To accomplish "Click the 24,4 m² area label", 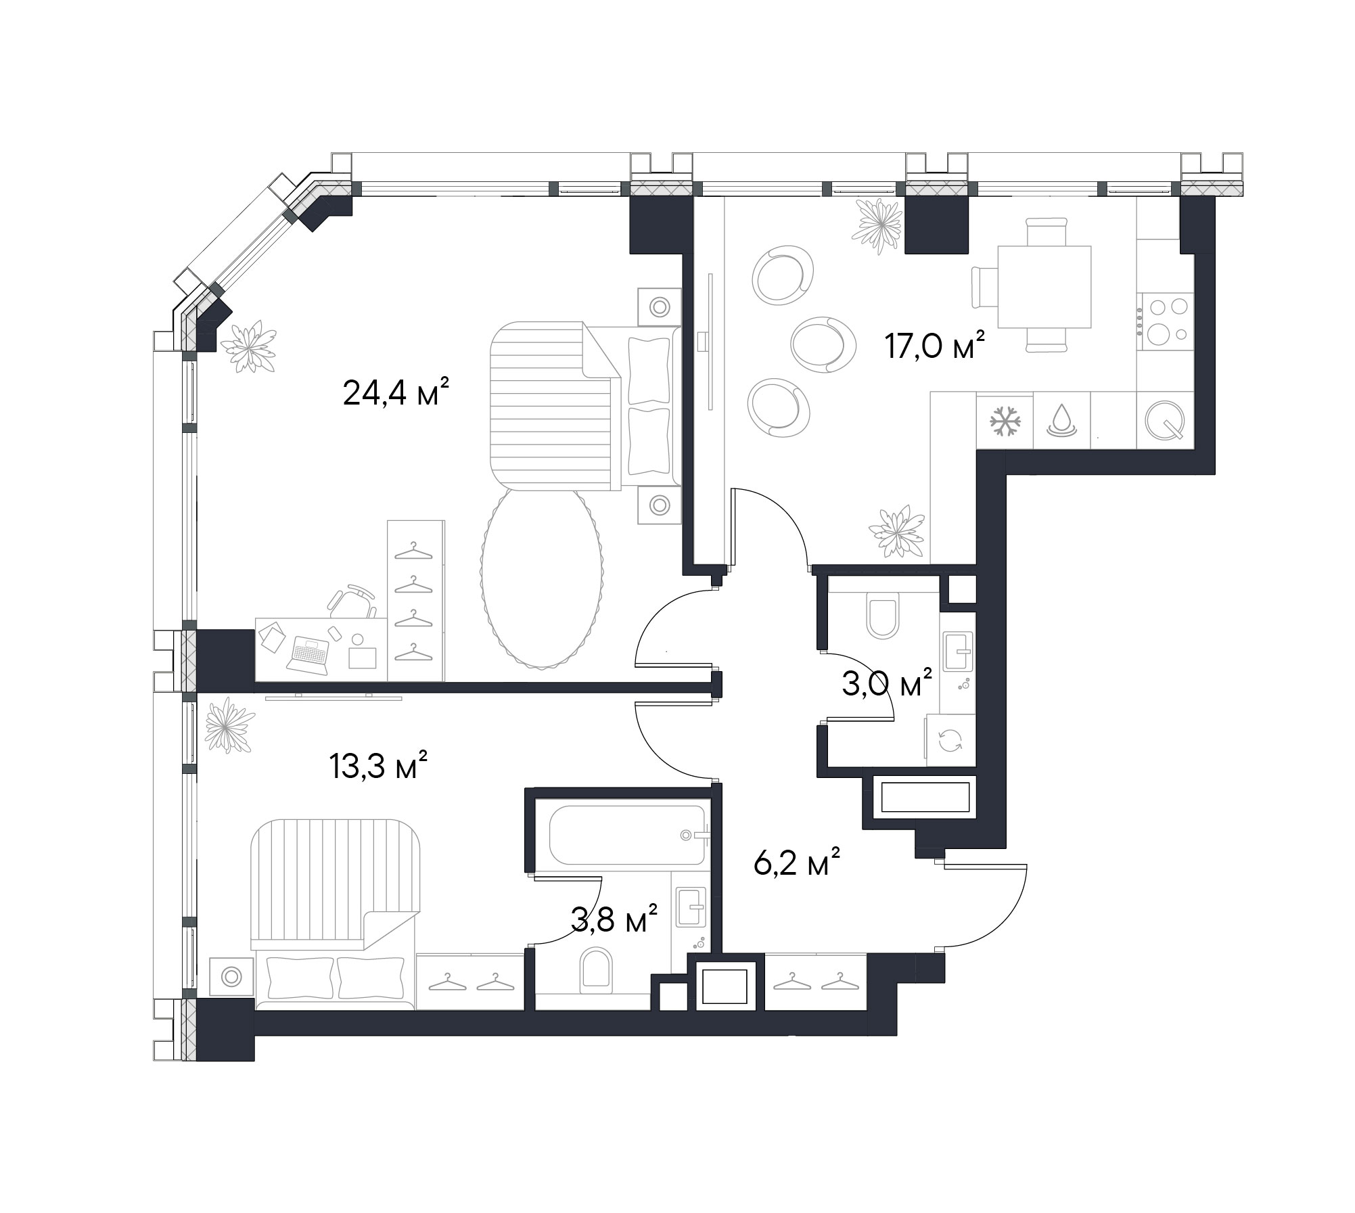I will click(x=396, y=392).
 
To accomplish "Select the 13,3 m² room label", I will click(x=378, y=766).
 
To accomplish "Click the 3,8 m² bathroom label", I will click(x=614, y=919).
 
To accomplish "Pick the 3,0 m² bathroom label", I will click(x=886, y=684).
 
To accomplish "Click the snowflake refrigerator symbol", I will click(x=1005, y=421).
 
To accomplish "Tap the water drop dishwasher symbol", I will click(x=1060, y=420).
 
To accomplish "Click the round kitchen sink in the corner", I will click(x=1165, y=421).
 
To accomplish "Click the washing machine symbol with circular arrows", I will click(x=950, y=740).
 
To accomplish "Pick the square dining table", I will click(x=1044, y=287).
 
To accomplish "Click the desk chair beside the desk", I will click(x=352, y=601).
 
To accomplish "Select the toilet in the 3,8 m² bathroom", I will click(x=596, y=969).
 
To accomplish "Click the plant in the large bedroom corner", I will click(x=248, y=346).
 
